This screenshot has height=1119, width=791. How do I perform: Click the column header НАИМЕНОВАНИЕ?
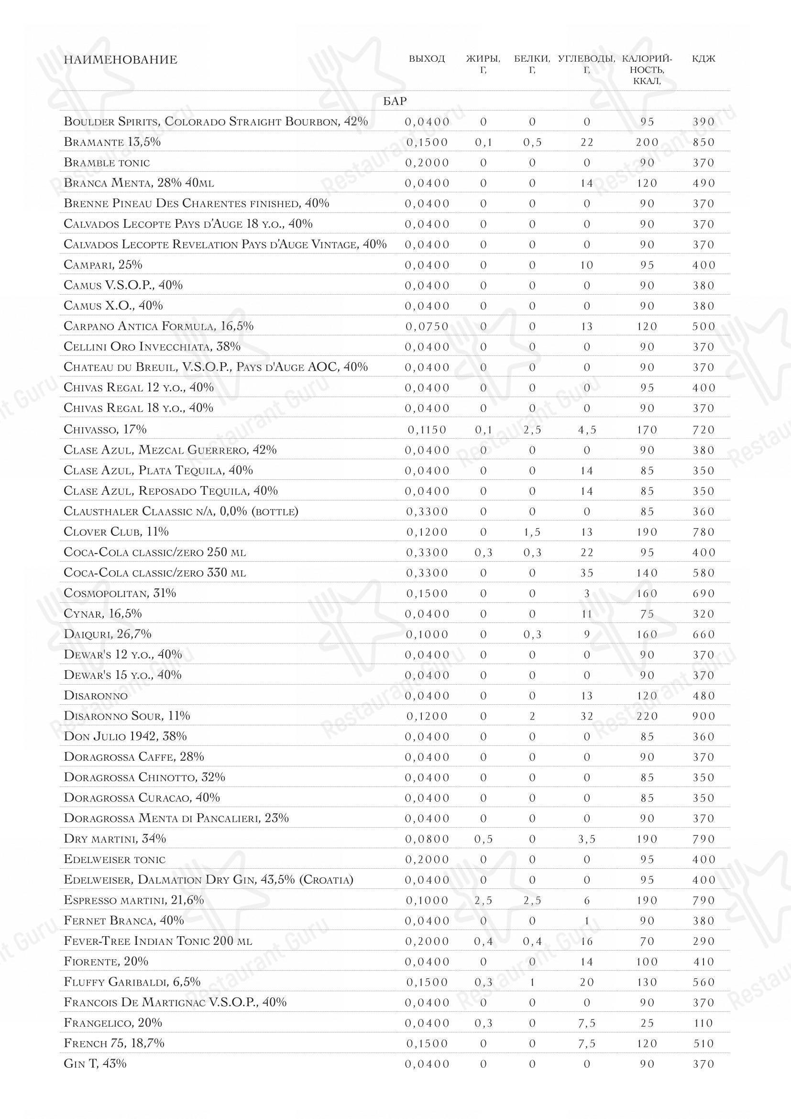tap(121, 60)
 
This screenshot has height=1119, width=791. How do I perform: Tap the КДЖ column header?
tap(703, 59)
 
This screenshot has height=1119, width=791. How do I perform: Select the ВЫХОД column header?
tap(427, 59)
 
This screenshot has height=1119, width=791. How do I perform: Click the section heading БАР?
tap(395, 101)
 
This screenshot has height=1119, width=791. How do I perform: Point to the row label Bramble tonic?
tap(107, 163)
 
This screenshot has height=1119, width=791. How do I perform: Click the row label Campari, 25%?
tap(103, 265)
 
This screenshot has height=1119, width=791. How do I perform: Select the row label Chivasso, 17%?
tap(105, 429)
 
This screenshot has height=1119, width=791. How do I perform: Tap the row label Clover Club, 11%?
tap(116, 532)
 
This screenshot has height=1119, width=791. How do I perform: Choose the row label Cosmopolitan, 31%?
tap(120, 593)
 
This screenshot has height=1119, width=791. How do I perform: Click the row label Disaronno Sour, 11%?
tap(127, 716)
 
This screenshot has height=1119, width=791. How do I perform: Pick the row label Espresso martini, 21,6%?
tap(133, 900)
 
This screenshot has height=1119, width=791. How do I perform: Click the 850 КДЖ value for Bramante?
tap(703, 143)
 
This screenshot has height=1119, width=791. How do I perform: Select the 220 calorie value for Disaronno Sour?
tap(647, 717)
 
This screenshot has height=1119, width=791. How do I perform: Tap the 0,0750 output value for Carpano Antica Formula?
tap(427, 327)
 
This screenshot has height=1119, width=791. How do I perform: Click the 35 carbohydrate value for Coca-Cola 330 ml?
tap(587, 573)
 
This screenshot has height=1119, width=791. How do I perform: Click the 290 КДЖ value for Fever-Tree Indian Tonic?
tap(703, 942)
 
